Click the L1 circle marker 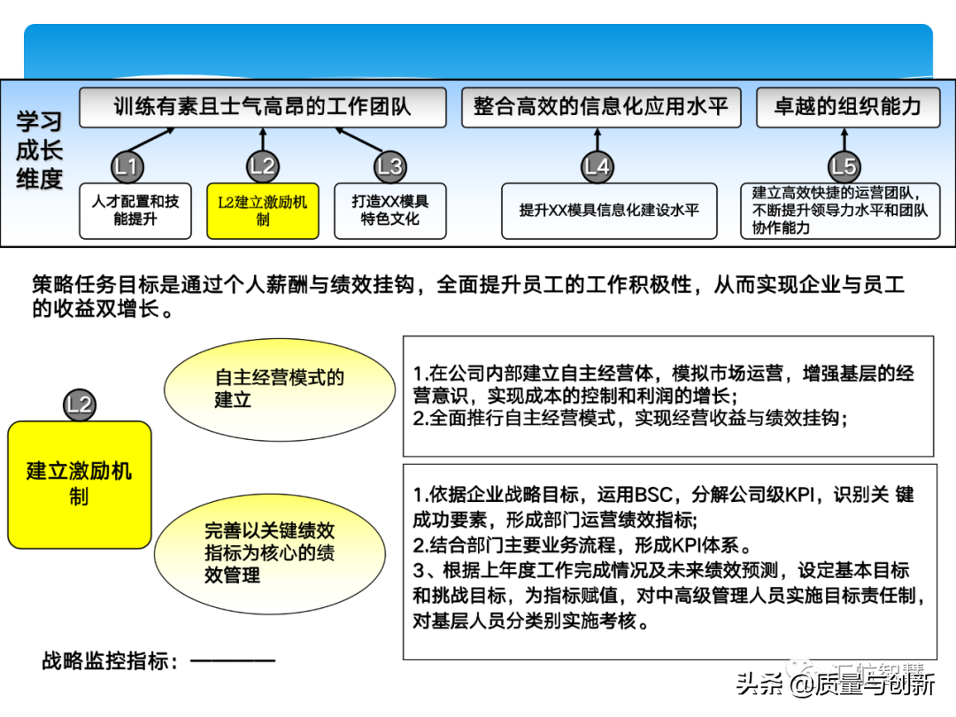(127, 166)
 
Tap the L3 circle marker (389, 166)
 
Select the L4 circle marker (597, 166)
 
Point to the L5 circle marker (844, 166)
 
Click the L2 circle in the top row (262, 166)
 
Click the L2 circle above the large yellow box (80, 405)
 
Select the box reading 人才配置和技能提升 (135, 211)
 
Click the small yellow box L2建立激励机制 (262, 211)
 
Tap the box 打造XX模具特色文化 (389, 211)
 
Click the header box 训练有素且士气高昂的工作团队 (262, 107)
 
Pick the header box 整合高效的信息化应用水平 (601, 107)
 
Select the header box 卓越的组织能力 (847, 107)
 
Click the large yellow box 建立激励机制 (80, 483)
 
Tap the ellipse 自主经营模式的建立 (280, 389)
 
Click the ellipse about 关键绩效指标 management (270, 553)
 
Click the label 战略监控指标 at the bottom (112, 660)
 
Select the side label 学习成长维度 (40, 150)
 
